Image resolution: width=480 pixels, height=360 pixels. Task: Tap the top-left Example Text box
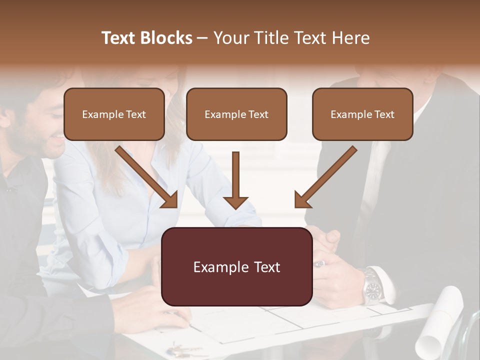(114, 114)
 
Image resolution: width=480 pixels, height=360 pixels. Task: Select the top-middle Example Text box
(236, 114)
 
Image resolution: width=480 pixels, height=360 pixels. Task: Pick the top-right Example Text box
(362, 114)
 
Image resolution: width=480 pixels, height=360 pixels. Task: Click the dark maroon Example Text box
(236, 267)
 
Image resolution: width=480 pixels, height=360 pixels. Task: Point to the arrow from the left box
(147, 177)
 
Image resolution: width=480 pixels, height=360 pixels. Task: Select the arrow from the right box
(325, 177)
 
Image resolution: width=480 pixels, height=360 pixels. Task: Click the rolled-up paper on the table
(440, 320)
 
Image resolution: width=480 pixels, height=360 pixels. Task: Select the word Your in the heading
(230, 38)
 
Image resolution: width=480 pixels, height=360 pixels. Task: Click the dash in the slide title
(202, 38)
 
